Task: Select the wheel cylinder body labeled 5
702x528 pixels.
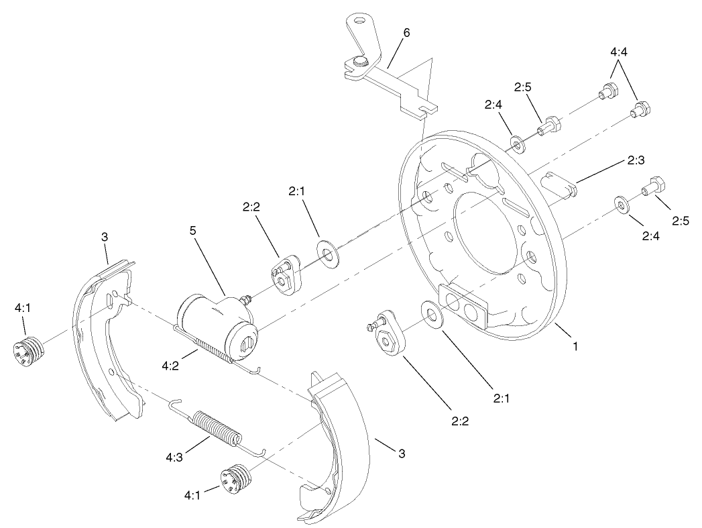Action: tap(213, 322)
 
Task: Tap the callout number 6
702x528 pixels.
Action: tap(406, 32)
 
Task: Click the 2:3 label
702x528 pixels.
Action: tap(636, 160)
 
